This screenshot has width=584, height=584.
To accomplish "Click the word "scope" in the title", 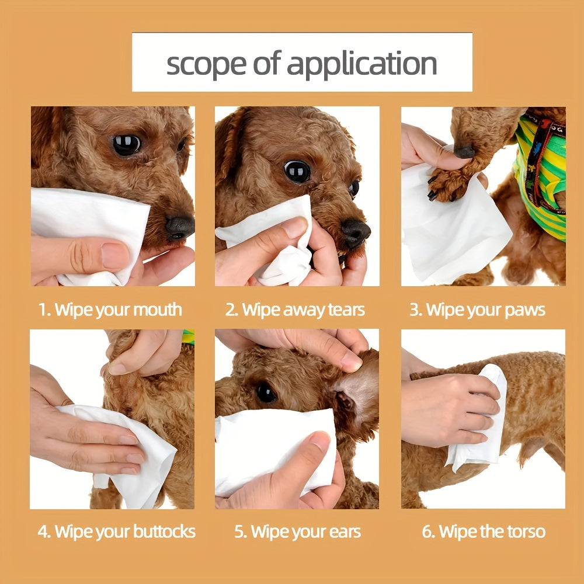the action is tap(206, 65).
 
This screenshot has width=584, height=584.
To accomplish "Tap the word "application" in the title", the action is tap(361, 64).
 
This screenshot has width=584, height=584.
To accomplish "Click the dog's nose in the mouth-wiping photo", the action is tap(180, 228).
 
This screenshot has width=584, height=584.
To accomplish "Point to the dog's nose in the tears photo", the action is tap(356, 233).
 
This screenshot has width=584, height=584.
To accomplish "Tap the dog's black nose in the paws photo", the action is tap(464, 152).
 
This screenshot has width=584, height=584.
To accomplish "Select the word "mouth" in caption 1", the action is tap(158, 310).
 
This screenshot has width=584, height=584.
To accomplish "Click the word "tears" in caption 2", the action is tap(346, 310).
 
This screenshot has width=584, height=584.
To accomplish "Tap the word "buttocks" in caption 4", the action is tap(164, 531).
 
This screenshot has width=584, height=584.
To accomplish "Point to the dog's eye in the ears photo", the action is tap(266, 393).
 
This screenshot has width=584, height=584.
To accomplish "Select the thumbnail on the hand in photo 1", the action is tap(115, 256).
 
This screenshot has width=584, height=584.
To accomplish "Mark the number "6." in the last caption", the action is tap(429, 532).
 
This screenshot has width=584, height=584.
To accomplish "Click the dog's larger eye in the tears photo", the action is tap(297, 171).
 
